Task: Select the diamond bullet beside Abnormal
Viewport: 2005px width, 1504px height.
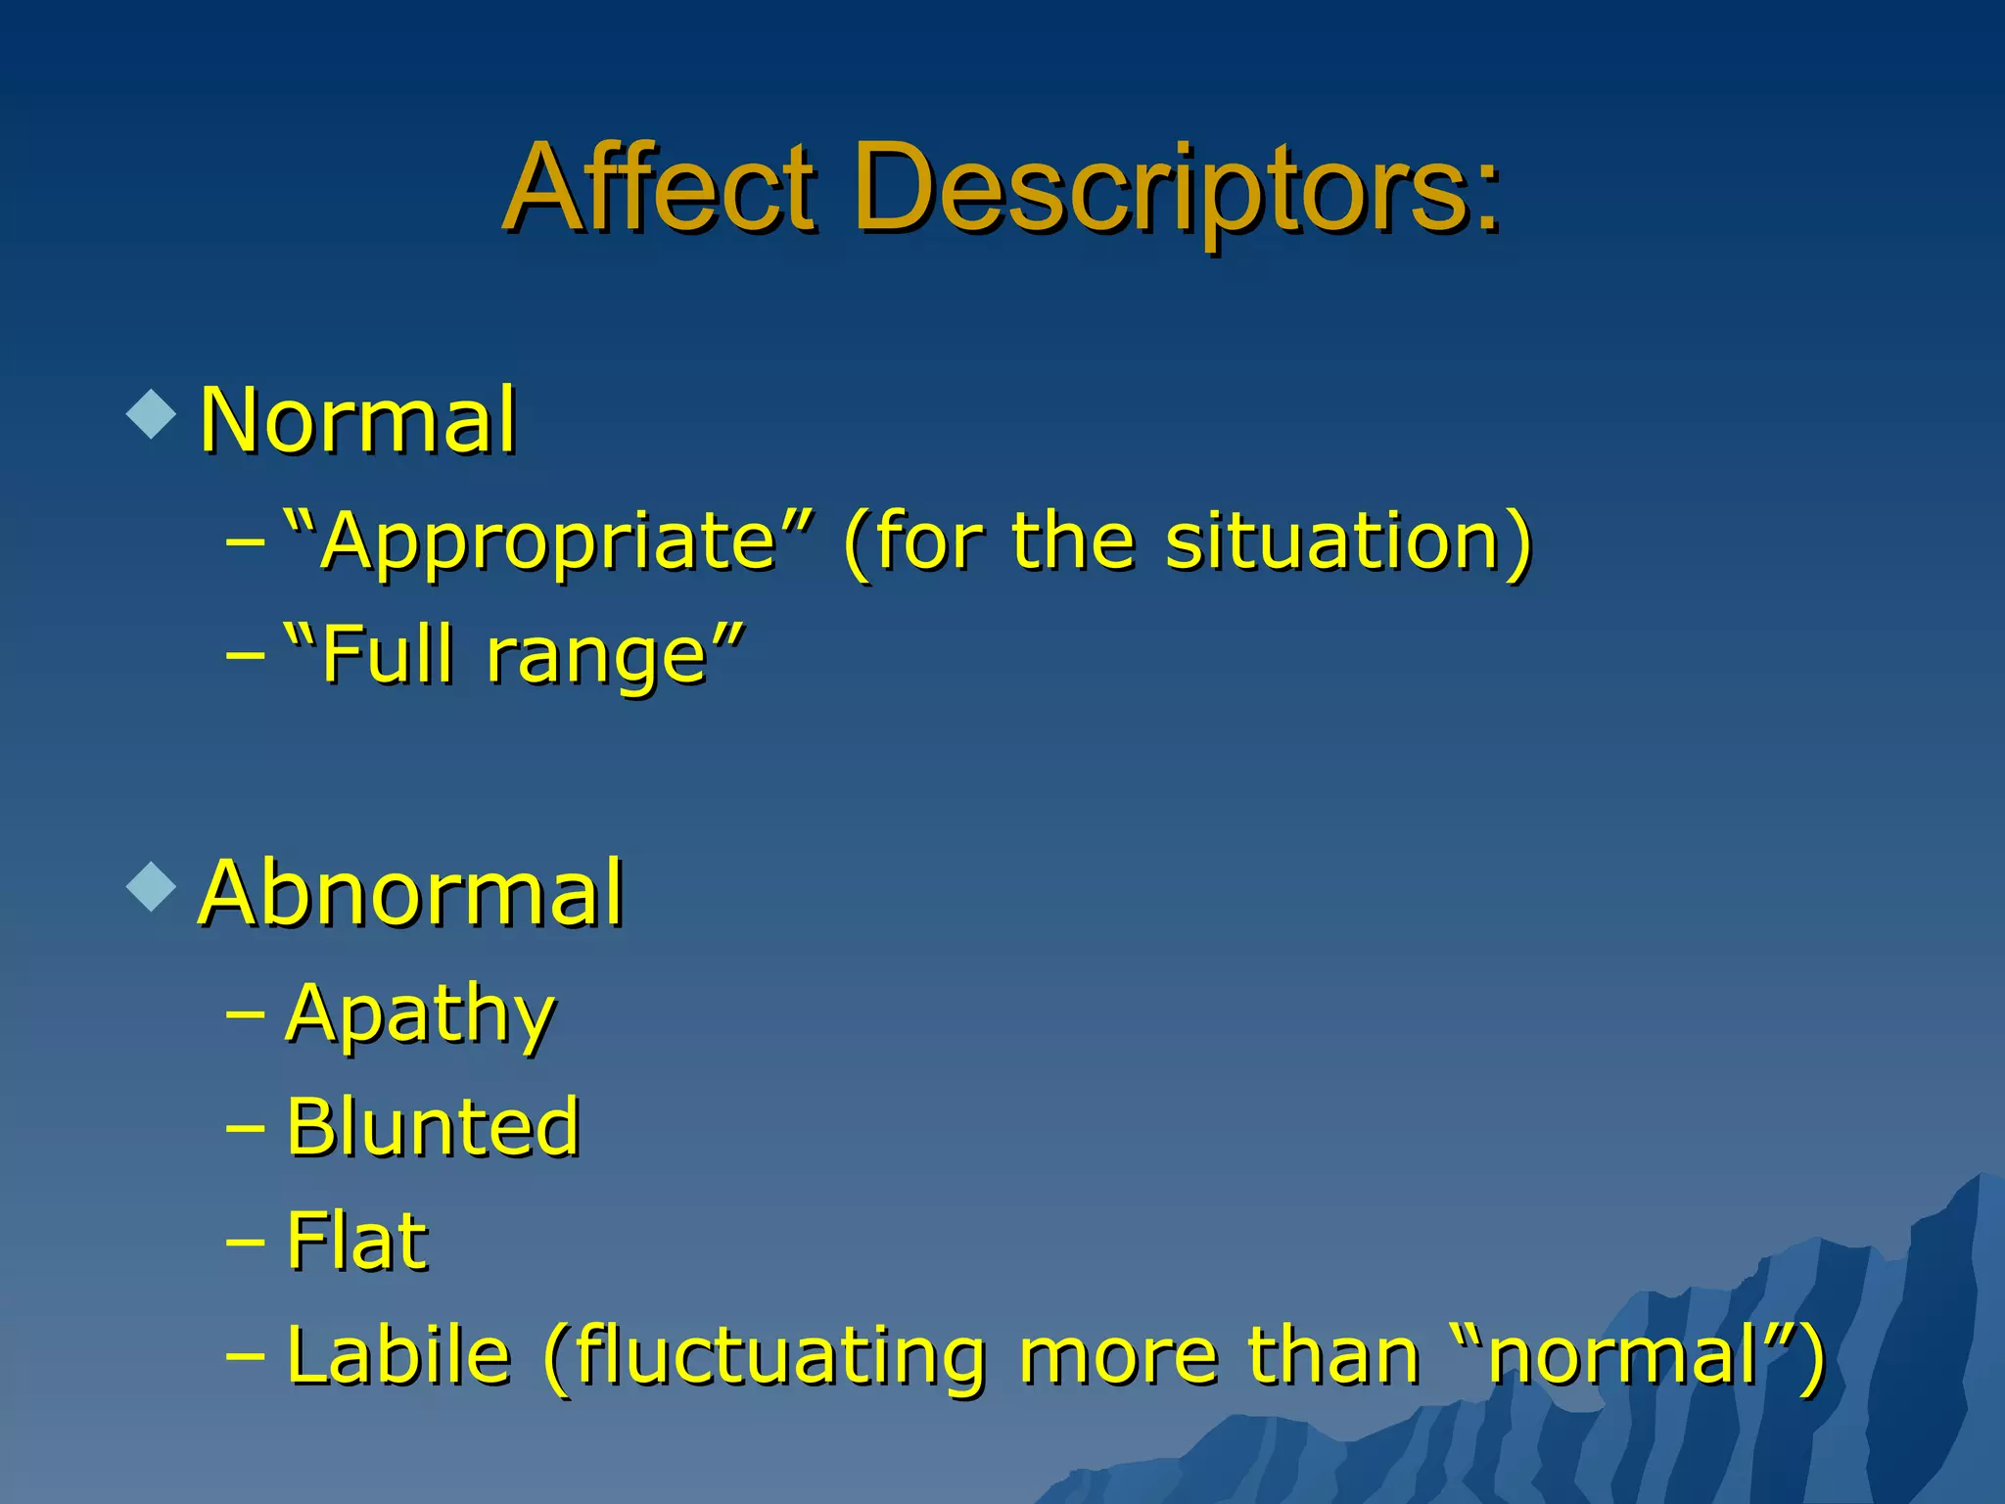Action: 152,887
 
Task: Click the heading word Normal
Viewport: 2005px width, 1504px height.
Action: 358,421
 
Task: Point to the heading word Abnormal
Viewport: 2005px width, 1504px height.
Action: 411,893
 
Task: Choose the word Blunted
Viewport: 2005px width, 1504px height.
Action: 434,1127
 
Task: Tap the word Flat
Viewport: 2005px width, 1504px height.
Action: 357,1241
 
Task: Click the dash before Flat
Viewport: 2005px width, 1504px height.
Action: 245,1243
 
